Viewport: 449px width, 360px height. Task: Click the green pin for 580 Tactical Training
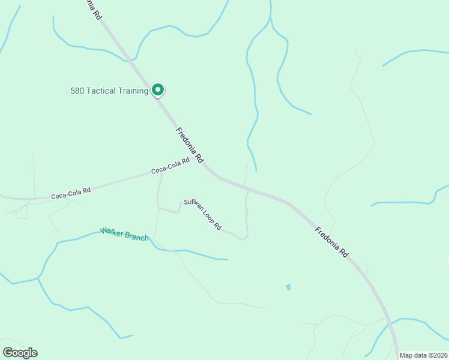click(157, 90)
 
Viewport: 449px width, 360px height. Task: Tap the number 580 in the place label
click(77, 91)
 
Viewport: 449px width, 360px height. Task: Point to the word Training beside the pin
click(133, 91)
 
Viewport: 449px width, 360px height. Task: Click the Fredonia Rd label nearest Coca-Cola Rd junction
click(190, 147)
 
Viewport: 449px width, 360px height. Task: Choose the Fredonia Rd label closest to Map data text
click(332, 242)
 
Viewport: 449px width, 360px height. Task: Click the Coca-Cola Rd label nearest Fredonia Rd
click(170, 166)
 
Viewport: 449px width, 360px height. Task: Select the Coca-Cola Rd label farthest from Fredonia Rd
click(71, 193)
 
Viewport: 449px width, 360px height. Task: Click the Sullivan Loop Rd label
click(203, 215)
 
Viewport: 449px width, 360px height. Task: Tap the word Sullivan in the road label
click(193, 206)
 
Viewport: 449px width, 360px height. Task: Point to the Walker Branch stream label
click(124, 234)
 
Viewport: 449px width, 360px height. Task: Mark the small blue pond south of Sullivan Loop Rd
click(288, 287)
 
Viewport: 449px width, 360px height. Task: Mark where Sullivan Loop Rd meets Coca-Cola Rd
click(160, 175)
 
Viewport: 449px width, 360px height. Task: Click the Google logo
click(20, 353)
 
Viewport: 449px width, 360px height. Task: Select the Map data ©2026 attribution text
click(424, 355)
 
